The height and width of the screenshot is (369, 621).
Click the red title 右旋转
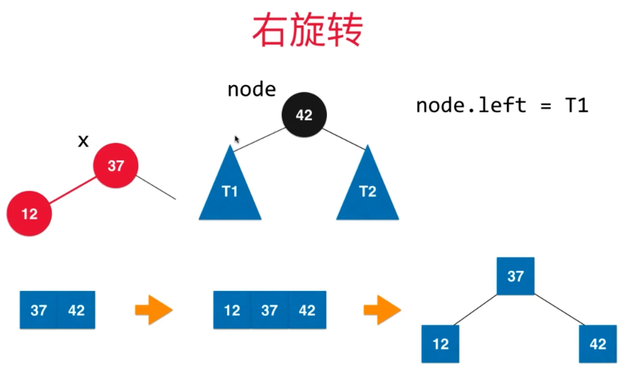307,30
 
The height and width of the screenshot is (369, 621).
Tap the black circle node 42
304,114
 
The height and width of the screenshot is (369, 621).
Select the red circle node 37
116,165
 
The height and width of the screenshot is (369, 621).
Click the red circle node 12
29,213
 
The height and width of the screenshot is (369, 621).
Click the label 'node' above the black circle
252,90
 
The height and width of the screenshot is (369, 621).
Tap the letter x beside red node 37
83,141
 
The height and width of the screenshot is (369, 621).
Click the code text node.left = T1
502,105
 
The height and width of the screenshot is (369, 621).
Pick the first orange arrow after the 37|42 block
154,309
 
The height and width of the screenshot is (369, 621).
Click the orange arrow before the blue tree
382,309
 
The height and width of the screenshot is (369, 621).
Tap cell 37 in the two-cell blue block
39,310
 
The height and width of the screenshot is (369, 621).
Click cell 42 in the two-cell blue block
76,310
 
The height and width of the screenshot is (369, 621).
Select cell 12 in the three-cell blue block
232,310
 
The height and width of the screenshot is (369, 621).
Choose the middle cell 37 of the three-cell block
269,310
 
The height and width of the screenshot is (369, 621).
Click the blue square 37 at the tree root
515,276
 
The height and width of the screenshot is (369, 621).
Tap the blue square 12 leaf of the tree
440,344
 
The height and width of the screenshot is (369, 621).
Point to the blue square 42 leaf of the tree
597,344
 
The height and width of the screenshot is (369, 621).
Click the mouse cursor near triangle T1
237,139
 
